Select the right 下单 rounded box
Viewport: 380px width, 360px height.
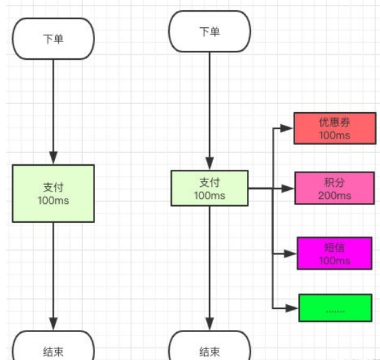(x=209, y=31)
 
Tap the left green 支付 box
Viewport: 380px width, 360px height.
(x=53, y=193)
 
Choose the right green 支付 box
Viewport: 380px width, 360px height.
(x=209, y=188)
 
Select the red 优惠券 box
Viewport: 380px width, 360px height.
(x=334, y=128)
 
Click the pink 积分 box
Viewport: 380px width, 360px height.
(x=334, y=189)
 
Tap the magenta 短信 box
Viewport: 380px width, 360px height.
(x=334, y=253)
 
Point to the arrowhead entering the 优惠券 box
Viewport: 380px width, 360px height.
(x=288, y=128)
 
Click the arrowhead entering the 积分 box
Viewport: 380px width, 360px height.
(x=288, y=188)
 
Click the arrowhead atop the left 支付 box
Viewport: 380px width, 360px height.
(x=53, y=158)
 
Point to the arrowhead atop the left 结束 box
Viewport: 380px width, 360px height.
(x=53, y=325)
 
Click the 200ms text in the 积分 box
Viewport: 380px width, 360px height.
(x=335, y=196)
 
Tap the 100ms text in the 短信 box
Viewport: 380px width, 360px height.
(x=335, y=261)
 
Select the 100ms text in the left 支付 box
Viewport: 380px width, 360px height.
(x=53, y=200)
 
